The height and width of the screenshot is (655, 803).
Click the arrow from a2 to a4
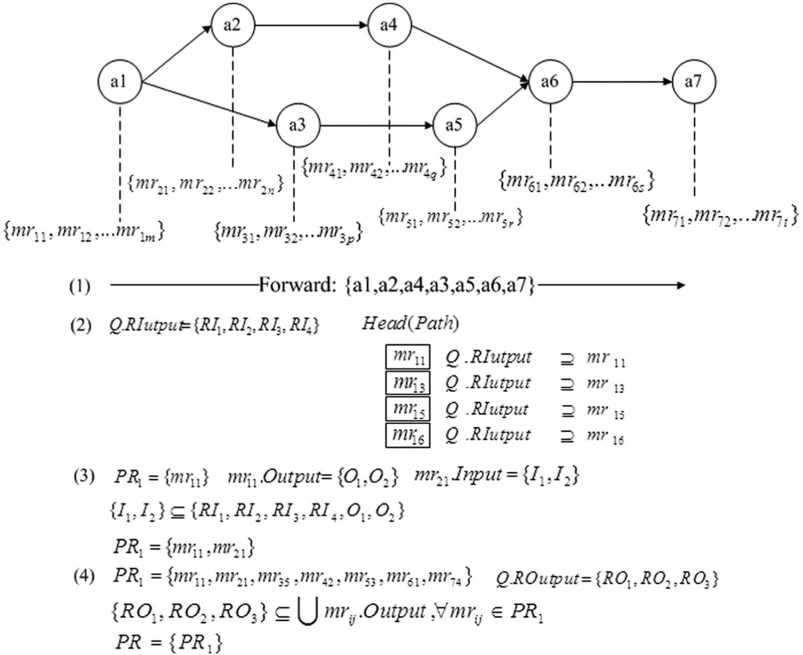coord(311,25)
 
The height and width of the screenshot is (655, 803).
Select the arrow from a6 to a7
coord(622,82)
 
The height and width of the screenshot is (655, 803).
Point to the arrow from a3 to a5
coord(376,125)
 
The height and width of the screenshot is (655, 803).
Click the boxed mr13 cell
coord(408,384)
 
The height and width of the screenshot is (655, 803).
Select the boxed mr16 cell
coord(408,435)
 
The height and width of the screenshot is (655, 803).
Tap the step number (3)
coord(84,477)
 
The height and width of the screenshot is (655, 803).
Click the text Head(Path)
coord(411,323)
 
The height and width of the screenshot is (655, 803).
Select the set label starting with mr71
coord(720,216)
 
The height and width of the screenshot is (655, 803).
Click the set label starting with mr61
coord(577,181)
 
